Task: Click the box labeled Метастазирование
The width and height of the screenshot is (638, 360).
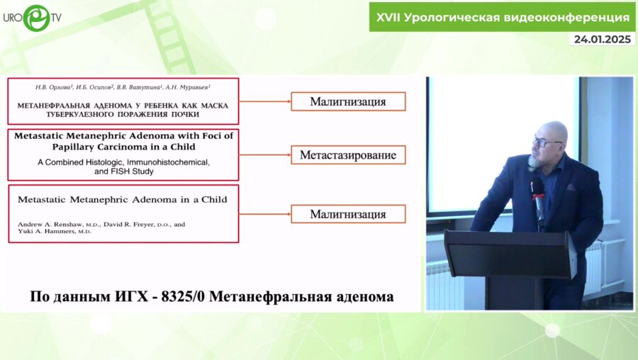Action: coord(347,154)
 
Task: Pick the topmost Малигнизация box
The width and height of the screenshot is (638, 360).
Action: coord(347,101)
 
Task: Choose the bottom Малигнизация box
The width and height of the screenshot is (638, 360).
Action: coord(347,213)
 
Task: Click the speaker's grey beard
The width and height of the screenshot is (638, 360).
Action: coord(536,160)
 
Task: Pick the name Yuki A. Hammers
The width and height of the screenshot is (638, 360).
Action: coord(47,232)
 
